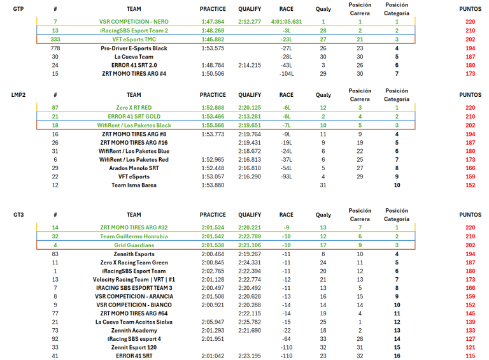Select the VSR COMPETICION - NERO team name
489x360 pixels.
(x=134, y=22)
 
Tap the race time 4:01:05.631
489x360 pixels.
(x=286, y=22)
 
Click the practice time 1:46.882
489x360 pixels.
(x=212, y=39)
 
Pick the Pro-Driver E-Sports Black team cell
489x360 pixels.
(x=134, y=48)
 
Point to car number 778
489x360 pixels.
(x=55, y=48)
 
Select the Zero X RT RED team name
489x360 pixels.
(x=134, y=108)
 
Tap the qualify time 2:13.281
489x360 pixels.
(x=250, y=117)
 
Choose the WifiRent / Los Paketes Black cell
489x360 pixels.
(x=134, y=126)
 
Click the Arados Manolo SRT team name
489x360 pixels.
(x=134, y=168)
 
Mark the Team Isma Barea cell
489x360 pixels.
(x=134, y=185)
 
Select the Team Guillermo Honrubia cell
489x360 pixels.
(x=134, y=236)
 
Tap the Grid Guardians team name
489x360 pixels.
(x=134, y=245)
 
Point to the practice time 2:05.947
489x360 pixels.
(x=212, y=322)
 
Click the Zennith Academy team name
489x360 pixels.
(x=134, y=331)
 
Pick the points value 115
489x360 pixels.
(x=471, y=356)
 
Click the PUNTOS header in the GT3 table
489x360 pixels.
(x=471, y=215)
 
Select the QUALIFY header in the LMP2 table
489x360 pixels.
(x=250, y=95)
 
